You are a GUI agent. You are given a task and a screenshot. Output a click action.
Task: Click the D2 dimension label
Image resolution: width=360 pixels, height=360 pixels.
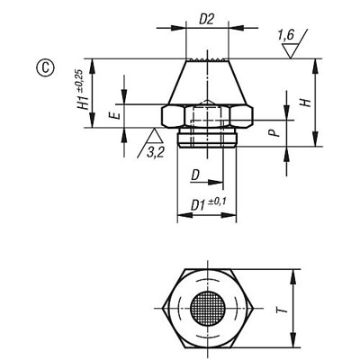click(207, 18)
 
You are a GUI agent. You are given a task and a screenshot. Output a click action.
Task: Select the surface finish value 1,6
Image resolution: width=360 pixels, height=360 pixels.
click(285, 34)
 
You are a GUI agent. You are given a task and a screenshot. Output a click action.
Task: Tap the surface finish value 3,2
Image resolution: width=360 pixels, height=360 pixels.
click(155, 151)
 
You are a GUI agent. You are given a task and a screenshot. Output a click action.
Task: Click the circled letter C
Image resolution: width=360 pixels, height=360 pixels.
click(41, 65)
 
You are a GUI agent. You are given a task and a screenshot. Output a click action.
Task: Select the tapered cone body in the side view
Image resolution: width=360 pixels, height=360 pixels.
click(208, 83)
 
